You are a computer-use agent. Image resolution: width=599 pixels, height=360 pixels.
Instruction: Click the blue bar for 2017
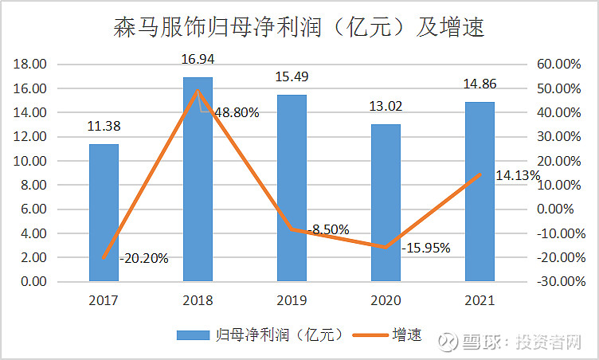click(x=104, y=213)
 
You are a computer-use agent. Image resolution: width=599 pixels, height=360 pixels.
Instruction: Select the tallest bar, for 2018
click(x=198, y=179)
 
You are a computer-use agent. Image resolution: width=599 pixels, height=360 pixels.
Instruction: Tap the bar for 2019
click(x=292, y=188)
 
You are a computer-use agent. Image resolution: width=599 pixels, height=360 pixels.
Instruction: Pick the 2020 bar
click(x=386, y=202)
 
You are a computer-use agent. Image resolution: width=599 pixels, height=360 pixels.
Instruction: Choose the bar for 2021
click(x=480, y=191)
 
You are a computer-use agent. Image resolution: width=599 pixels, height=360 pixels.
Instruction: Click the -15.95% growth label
click(x=426, y=248)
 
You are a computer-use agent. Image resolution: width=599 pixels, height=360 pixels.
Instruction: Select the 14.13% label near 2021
click(x=518, y=175)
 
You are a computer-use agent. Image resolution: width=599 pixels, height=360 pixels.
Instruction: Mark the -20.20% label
click(x=144, y=258)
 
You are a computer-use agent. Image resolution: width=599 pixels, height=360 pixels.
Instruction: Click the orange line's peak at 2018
click(x=198, y=90)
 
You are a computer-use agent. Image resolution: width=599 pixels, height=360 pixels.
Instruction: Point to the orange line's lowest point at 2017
click(x=104, y=257)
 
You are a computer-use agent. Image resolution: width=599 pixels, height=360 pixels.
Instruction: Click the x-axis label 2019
click(x=292, y=301)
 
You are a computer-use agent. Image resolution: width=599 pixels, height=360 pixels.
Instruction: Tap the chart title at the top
click(x=299, y=29)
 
